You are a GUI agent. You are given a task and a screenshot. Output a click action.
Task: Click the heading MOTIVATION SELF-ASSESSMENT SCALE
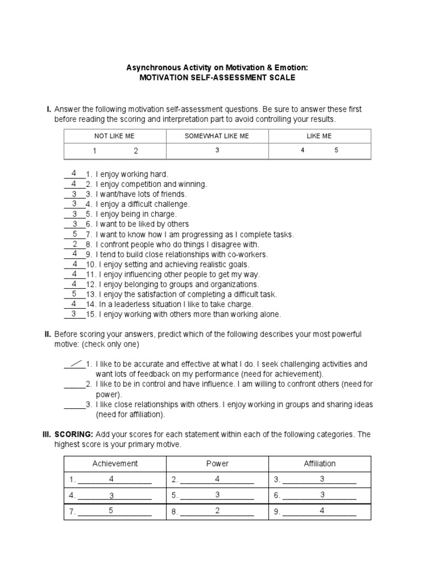[x=217, y=78]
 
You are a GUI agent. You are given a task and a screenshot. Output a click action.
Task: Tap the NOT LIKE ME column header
[x=114, y=136]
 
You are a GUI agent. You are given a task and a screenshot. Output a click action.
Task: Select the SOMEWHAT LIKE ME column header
[x=217, y=136]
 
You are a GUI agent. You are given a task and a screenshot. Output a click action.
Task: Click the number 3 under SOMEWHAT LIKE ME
[x=217, y=151]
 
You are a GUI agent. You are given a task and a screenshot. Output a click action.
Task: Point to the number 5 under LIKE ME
[x=336, y=151]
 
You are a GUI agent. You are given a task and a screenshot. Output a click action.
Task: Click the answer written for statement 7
[x=75, y=233]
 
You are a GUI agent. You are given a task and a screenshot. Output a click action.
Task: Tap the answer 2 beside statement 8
[x=75, y=244]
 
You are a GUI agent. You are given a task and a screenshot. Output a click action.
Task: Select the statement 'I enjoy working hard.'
[x=132, y=174]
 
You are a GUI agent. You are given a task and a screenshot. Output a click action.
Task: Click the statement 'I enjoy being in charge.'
[x=136, y=214]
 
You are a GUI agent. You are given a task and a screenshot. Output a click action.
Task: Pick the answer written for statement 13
[x=75, y=293]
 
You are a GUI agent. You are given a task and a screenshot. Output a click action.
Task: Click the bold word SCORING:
[x=74, y=434]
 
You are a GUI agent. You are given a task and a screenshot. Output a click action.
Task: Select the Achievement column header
[x=115, y=463]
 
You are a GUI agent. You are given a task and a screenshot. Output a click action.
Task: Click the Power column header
[x=217, y=463]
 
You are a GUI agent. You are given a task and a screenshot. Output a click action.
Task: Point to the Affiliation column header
[x=319, y=463]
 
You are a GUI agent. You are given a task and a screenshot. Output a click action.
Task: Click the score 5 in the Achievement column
[x=112, y=510]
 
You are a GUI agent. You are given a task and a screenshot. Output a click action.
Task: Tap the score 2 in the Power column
[x=217, y=510]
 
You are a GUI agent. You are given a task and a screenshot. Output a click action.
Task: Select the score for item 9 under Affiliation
[x=322, y=510]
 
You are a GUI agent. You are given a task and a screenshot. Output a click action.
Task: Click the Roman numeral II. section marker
[x=48, y=334]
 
